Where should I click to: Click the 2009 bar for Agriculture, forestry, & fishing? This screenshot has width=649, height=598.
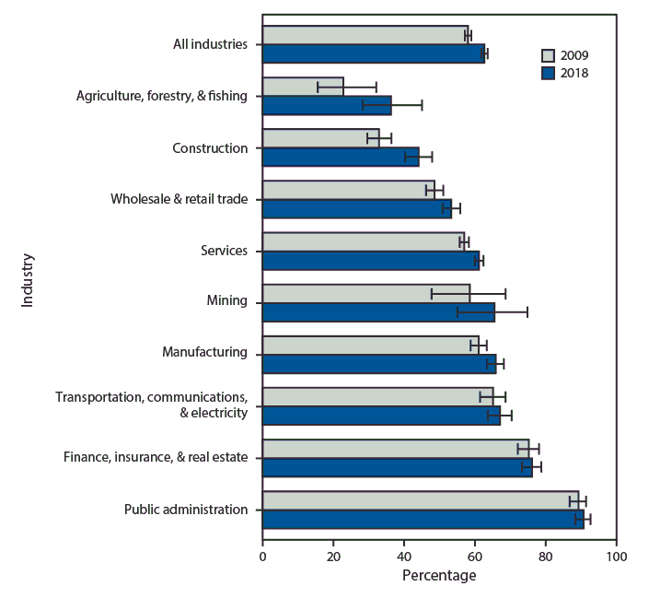[303, 87]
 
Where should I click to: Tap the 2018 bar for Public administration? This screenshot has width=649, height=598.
[423, 519]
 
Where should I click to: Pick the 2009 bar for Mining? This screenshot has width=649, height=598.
[365, 293]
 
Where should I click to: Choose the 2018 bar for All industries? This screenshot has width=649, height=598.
[373, 53]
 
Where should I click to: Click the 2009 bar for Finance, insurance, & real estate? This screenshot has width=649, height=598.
[395, 449]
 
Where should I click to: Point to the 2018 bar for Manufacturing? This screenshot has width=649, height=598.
[378, 363]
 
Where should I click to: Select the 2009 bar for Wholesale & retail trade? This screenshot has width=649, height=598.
[348, 190]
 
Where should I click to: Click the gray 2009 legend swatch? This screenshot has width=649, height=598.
[549, 54]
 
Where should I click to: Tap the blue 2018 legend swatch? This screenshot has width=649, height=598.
[549, 72]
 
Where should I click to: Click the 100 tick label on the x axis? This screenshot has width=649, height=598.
[616, 557]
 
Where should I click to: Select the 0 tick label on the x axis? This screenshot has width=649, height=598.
[262, 557]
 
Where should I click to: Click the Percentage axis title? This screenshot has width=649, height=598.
[439, 576]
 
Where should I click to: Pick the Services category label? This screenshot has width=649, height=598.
[225, 251]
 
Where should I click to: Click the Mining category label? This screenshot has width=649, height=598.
[227, 300]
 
